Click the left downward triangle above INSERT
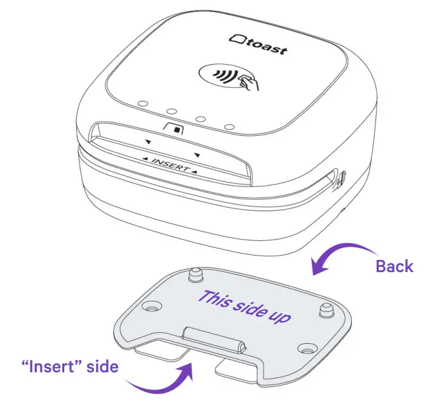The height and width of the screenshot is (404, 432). click(147, 142)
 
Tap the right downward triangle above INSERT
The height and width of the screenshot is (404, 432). click(198, 155)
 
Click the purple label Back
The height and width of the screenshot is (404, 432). click(395, 266)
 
